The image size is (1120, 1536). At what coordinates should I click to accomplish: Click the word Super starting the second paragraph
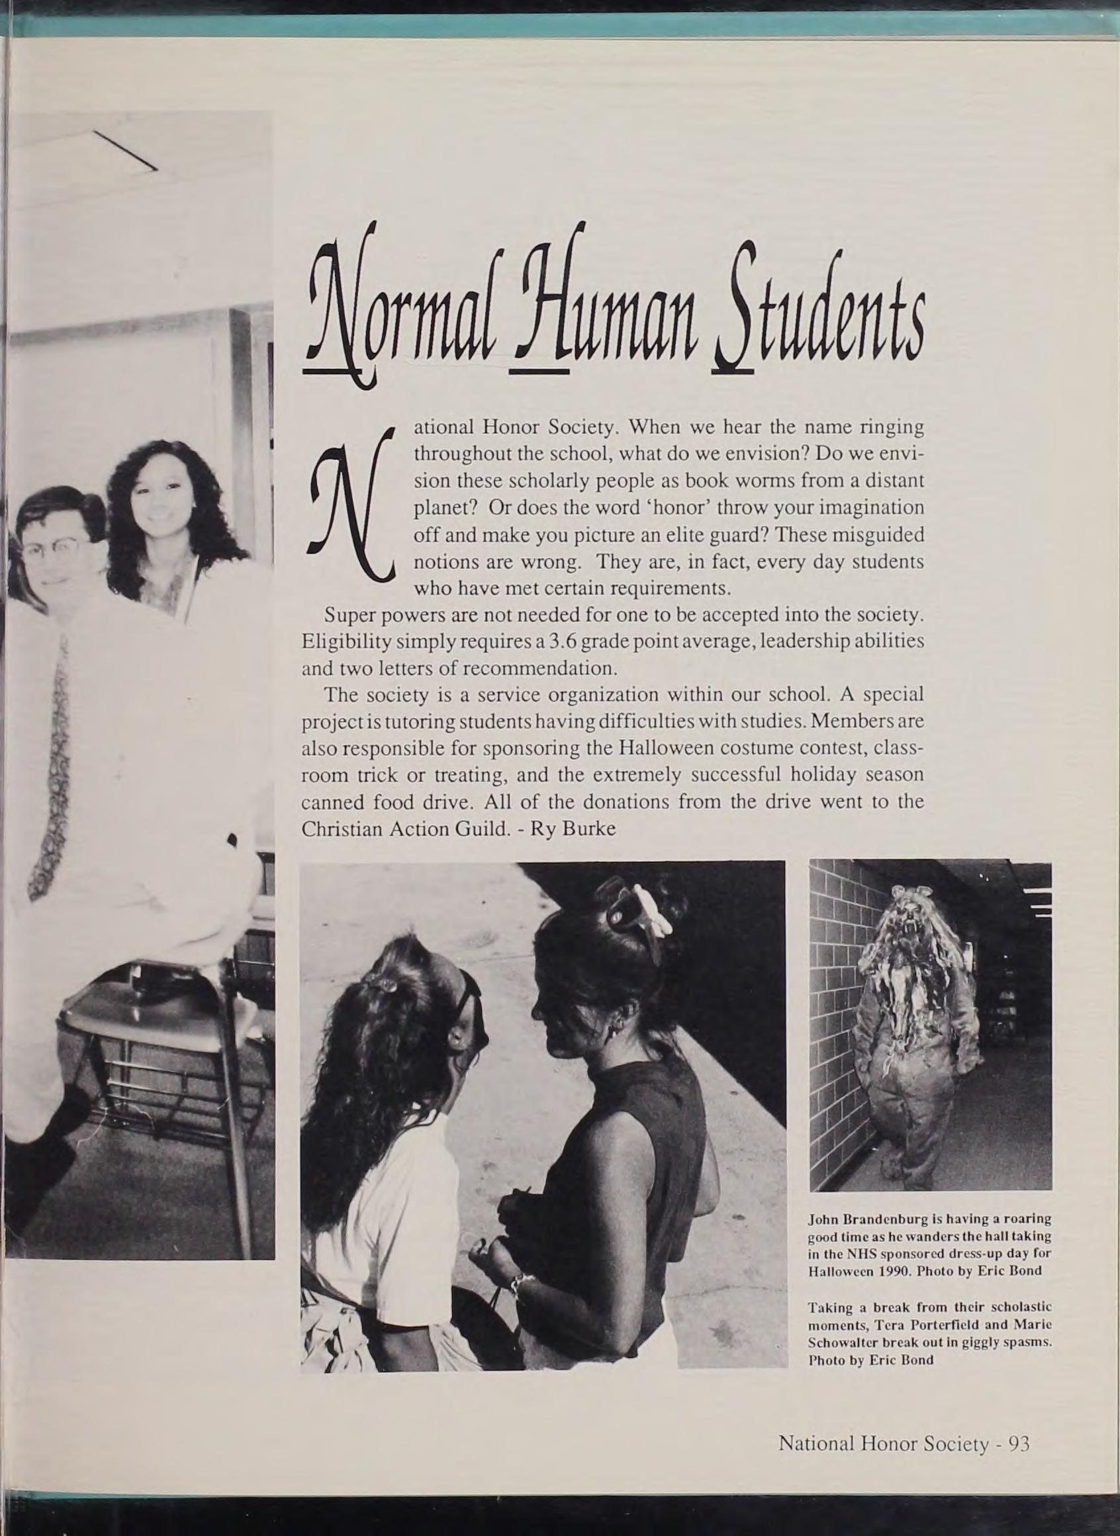coord(344,616)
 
